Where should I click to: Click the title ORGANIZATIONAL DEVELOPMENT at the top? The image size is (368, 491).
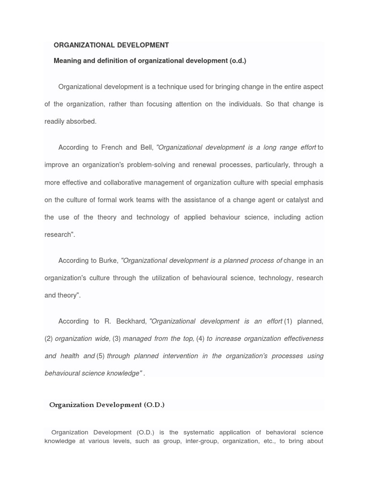pos(111,45)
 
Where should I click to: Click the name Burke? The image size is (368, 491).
pos(108,260)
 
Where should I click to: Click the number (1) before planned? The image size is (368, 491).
pos(288,321)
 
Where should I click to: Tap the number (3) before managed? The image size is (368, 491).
pos(116,339)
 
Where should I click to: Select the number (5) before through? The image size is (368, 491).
pos(101,356)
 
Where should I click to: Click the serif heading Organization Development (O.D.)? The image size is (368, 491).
pos(107,405)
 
